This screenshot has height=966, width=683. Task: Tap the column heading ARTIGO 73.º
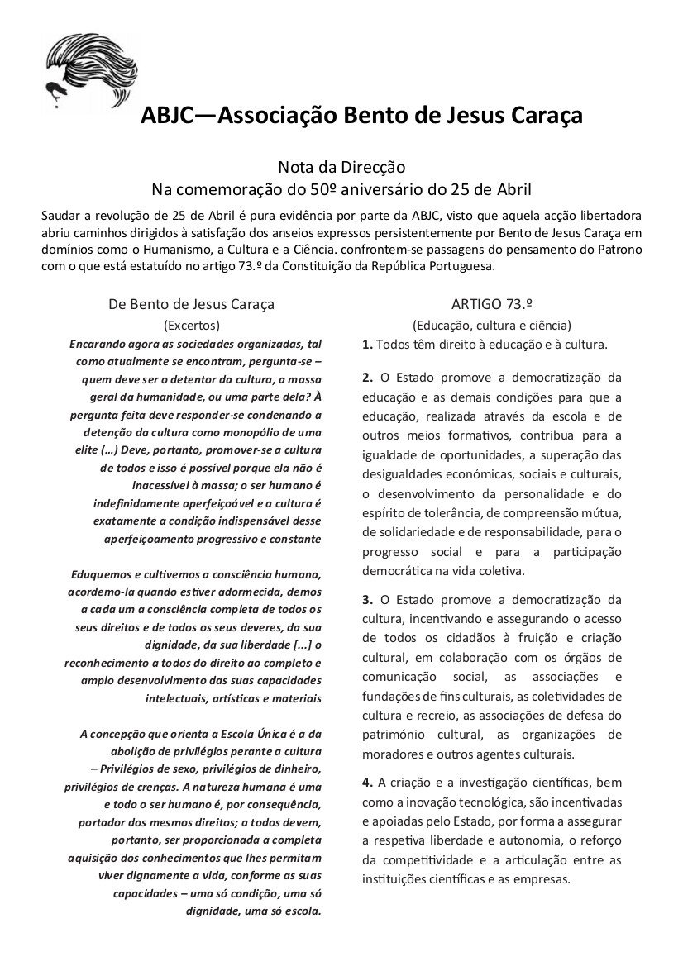(x=491, y=303)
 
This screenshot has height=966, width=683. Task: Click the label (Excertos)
(x=191, y=325)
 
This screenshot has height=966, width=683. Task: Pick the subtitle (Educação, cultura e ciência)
(x=491, y=325)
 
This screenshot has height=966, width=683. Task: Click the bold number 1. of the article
(x=368, y=343)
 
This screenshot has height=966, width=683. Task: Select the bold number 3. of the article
(x=368, y=599)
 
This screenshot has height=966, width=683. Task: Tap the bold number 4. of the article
(x=368, y=781)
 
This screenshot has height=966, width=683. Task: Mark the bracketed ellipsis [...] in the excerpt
(x=302, y=645)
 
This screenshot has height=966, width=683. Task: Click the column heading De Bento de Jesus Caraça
(x=191, y=303)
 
